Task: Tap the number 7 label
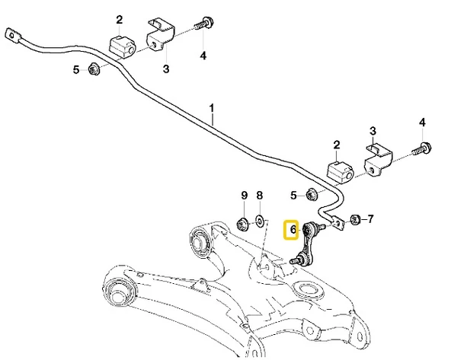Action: (x=370, y=221)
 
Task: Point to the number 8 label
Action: (x=259, y=196)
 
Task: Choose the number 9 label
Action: (x=245, y=196)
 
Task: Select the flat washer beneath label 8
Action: (x=260, y=221)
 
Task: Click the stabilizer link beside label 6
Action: (x=309, y=242)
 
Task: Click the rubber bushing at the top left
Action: (x=121, y=44)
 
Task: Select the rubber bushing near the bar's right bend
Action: (x=337, y=172)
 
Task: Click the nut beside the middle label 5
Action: (x=312, y=195)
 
